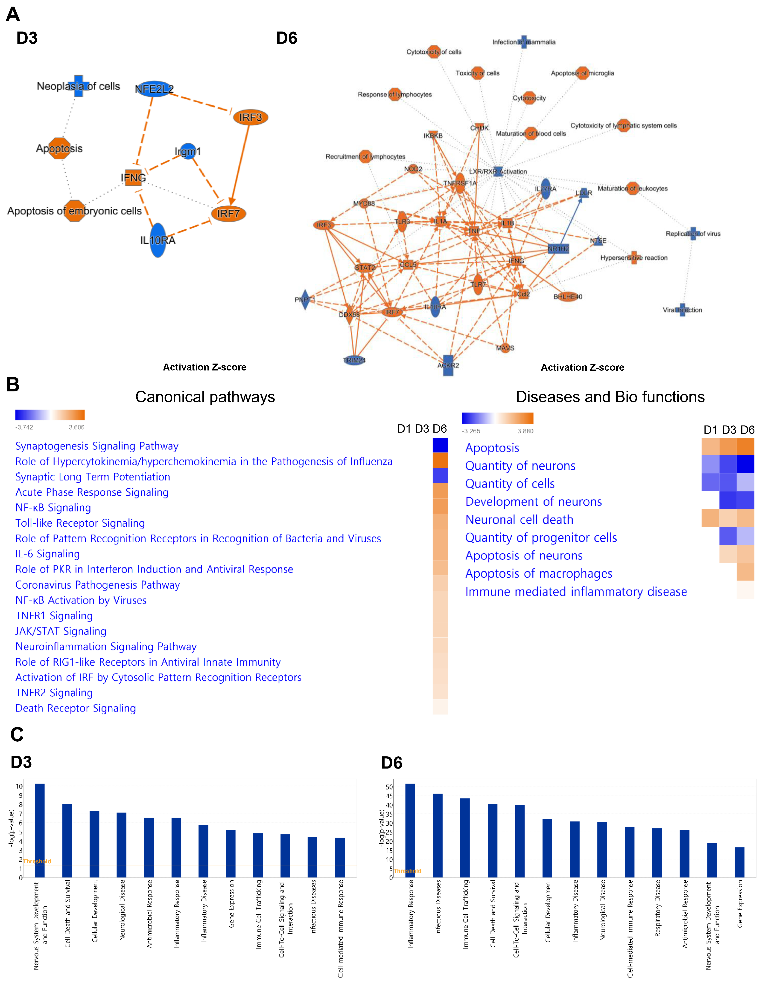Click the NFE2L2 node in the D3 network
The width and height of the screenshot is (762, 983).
click(x=154, y=89)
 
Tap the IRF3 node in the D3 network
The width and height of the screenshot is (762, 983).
click(x=250, y=118)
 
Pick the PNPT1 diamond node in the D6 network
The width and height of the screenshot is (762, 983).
click(x=305, y=300)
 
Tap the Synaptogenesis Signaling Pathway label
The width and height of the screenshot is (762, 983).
click(x=97, y=446)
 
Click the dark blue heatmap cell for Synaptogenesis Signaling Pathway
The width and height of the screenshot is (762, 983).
click(x=440, y=445)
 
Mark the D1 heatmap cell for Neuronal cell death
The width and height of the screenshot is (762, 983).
click(x=710, y=518)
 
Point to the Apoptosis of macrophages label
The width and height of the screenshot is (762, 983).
click(x=539, y=574)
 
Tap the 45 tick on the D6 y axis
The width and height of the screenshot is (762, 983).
click(x=389, y=796)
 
